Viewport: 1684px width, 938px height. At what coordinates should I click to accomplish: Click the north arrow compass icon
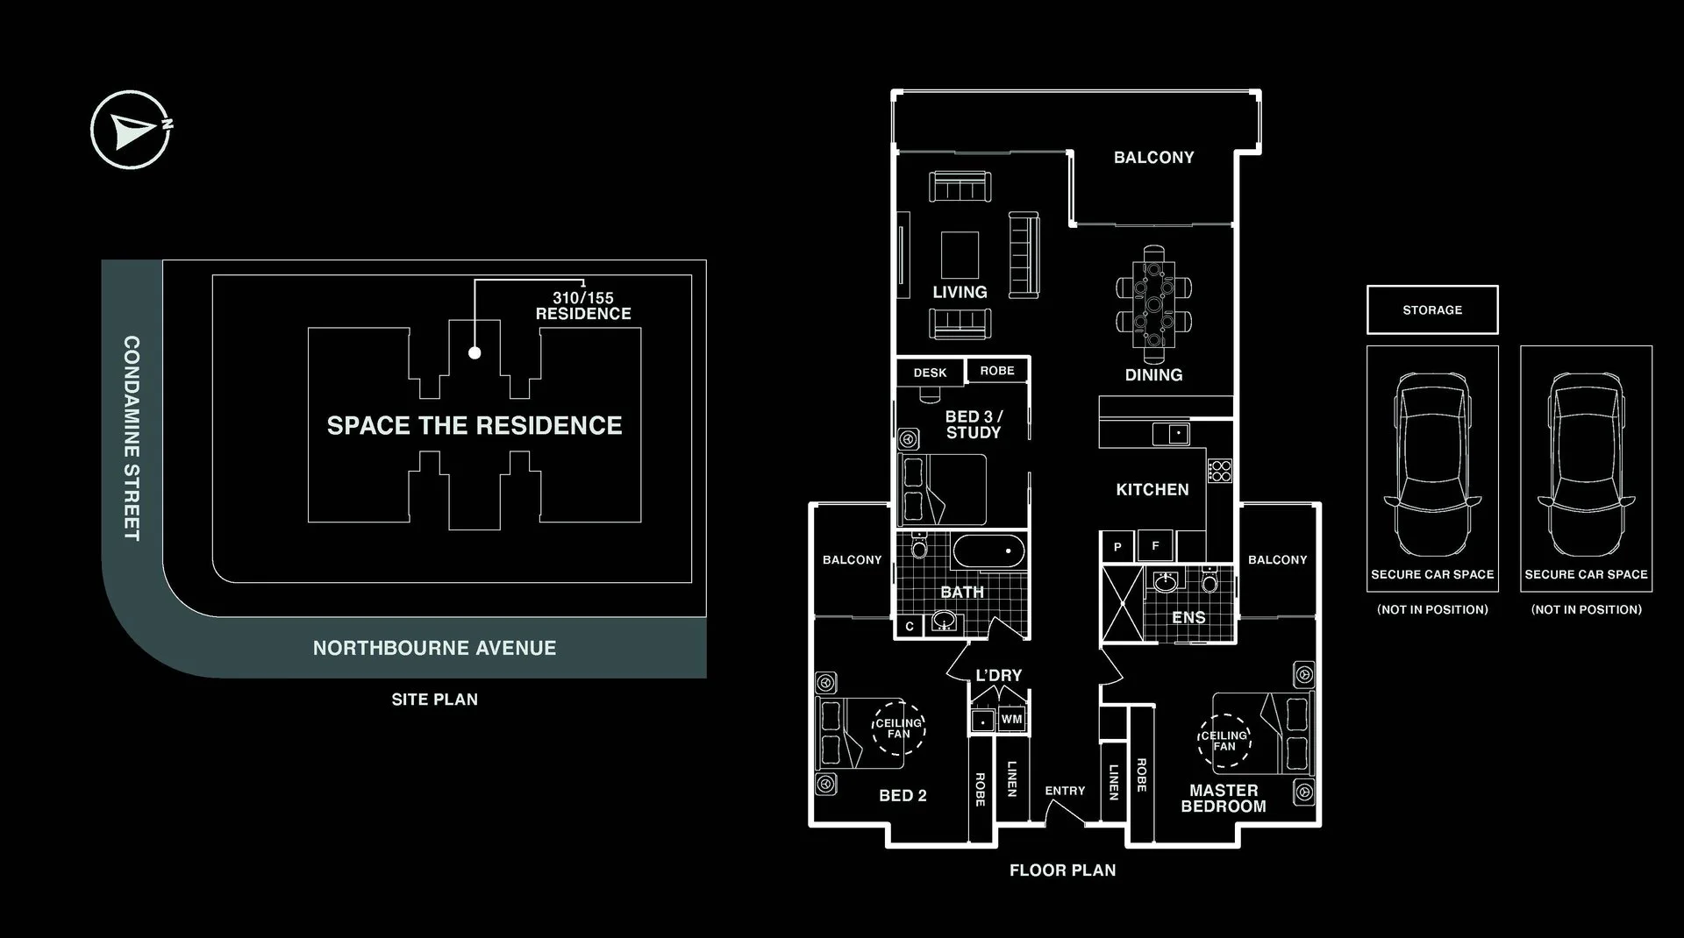[131, 130]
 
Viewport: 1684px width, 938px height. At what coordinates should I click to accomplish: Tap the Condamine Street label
[132, 437]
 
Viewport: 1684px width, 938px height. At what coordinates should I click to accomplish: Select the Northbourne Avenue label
[434, 648]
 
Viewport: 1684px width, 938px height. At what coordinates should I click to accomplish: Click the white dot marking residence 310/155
[475, 353]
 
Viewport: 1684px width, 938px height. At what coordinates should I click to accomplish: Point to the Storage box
[1432, 309]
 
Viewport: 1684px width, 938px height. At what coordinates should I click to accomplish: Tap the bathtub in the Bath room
[988, 551]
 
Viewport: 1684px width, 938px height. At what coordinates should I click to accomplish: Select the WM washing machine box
[1011, 719]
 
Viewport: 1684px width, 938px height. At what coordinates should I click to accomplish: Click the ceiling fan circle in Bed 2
[899, 728]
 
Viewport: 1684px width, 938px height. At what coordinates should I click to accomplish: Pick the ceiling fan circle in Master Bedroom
[1224, 741]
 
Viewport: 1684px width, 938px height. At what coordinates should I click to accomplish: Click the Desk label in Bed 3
[930, 373]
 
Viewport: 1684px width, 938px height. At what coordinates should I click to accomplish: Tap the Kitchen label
[1152, 490]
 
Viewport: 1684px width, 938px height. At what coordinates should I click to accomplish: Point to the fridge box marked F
[1155, 545]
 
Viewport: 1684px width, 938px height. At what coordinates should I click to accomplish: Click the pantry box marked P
[1117, 547]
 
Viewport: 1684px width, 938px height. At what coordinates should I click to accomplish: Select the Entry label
[1065, 791]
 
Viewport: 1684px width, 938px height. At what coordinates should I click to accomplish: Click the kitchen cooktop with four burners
[1220, 471]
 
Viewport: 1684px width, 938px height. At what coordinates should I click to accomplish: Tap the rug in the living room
[960, 255]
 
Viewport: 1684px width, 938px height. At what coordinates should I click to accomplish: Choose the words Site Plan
[435, 700]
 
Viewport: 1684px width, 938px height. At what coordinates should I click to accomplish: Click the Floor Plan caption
[1063, 870]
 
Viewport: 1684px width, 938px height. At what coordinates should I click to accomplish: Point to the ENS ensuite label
[1188, 618]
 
